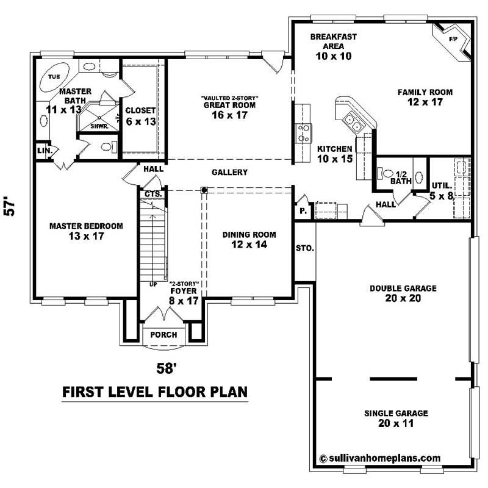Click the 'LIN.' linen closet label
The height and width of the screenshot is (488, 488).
click(44, 150)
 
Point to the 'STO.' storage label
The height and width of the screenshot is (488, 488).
click(304, 248)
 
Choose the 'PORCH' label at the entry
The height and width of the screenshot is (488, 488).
click(163, 335)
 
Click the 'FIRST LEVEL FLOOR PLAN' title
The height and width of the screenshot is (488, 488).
click(155, 392)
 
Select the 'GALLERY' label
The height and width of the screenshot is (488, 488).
click(229, 173)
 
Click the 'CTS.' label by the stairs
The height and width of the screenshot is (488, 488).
click(152, 194)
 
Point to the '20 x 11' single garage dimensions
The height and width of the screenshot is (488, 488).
click(396, 423)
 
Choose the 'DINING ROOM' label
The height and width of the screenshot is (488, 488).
click(249, 234)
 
